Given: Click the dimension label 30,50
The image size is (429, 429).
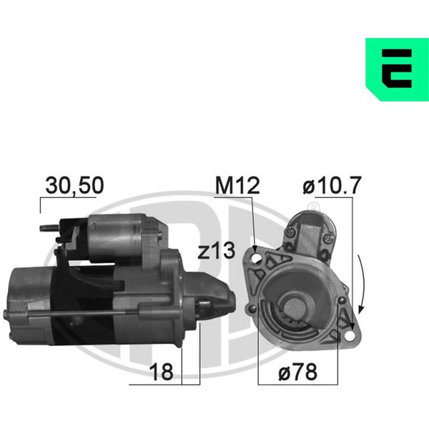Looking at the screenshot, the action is point(74,185).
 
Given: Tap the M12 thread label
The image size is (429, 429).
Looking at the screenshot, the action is point(237,185).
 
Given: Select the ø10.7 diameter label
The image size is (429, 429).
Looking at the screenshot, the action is point(332,185).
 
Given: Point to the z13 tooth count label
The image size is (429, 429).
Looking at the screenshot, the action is point(217,250).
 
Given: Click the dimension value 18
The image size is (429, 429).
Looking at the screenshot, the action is point(161,372).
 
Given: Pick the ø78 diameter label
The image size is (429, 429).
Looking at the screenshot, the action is point(297,372).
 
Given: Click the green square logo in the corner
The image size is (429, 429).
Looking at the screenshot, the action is point(397,69).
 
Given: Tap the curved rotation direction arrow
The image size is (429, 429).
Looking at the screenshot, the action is point(363,284).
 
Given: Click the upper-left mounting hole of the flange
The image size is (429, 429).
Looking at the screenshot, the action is point(257,258).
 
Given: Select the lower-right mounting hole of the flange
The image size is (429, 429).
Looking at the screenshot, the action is point(350,336).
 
